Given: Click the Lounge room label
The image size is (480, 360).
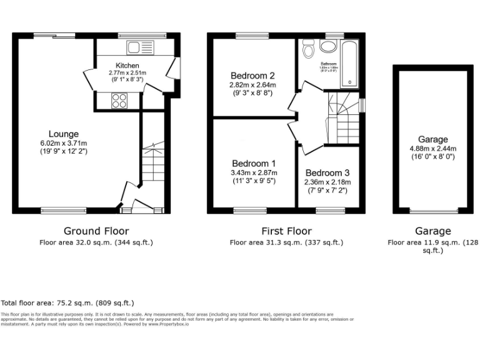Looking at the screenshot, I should (x=64, y=134).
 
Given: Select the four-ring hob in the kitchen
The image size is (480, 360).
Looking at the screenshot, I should (x=119, y=100).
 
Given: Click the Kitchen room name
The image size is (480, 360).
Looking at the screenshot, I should (x=127, y=66).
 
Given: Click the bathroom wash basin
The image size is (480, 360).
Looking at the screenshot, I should (x=328, y=46).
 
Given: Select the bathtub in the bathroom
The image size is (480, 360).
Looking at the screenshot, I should (x=348, y=64).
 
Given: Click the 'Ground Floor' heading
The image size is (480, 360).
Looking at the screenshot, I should (x=96, y=231).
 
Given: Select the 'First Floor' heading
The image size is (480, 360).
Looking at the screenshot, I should (x=286, y=231).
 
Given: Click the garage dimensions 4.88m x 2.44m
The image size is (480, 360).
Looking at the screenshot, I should (x=432, y=149).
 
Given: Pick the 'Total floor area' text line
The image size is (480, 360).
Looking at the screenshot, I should (x=67, y=302).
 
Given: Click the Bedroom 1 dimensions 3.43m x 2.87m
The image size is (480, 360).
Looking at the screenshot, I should (x=253, y=172).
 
